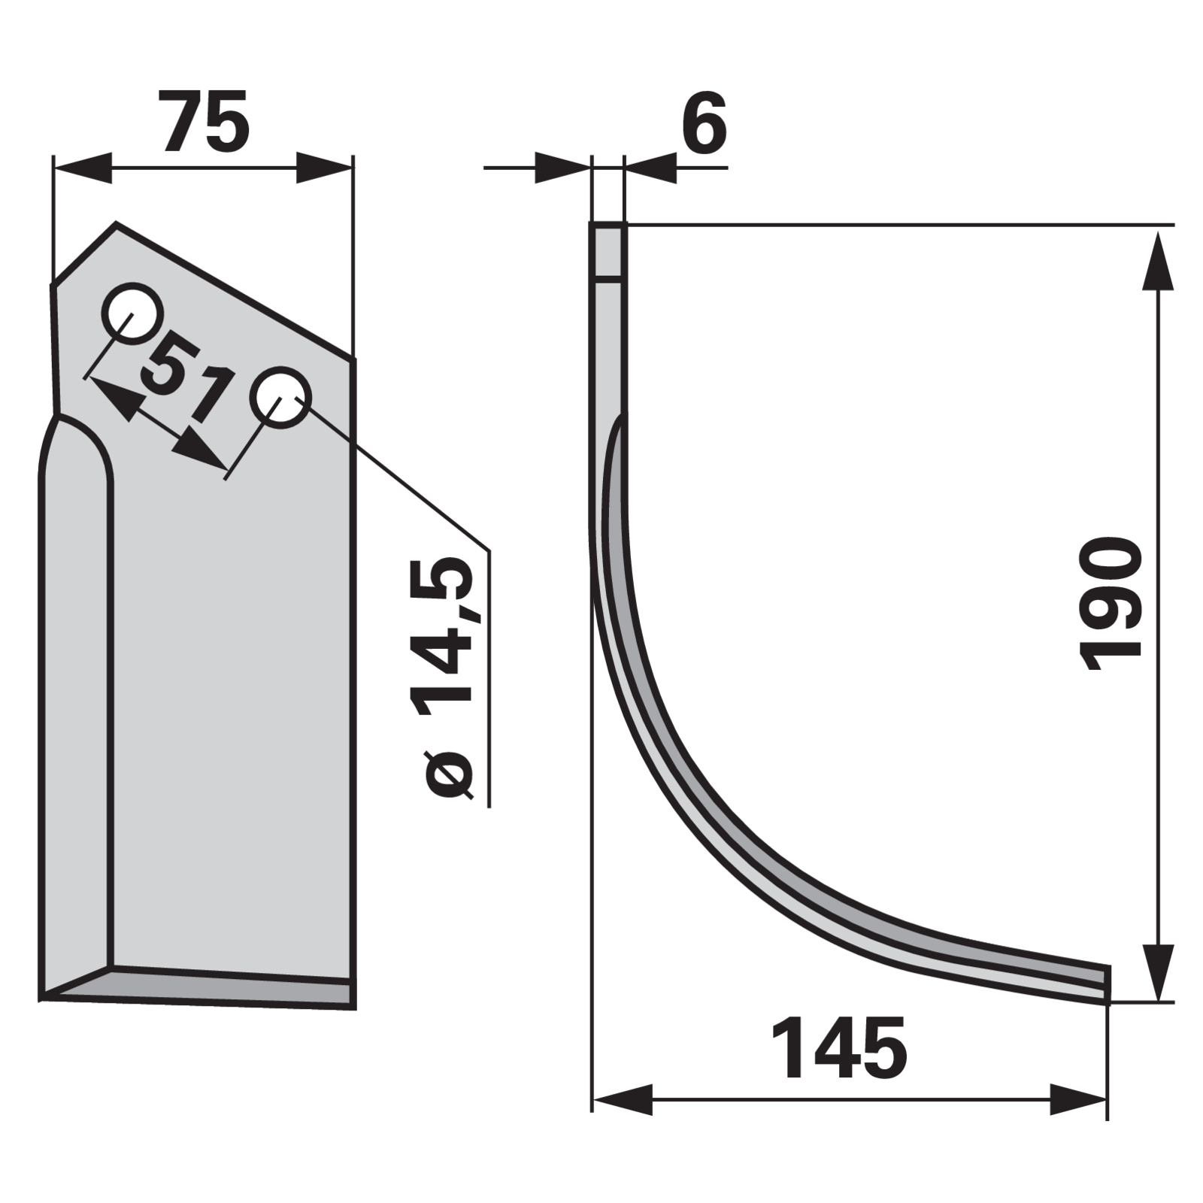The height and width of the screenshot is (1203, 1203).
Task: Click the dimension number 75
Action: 204,122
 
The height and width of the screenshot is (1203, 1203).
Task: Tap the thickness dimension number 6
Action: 705,122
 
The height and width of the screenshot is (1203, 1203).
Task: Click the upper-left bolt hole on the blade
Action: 132,313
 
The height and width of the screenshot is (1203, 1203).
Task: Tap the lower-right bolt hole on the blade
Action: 280,397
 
